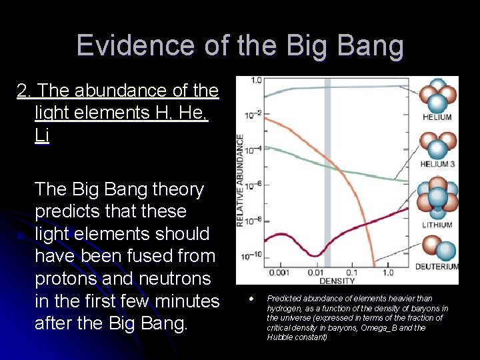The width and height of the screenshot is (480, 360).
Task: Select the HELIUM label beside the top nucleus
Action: click(437, 117)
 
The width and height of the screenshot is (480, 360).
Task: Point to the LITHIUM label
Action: click(437, 225)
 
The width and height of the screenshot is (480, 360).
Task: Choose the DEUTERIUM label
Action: click(437, 267)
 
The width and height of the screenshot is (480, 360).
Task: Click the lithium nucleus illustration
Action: click(436, 198)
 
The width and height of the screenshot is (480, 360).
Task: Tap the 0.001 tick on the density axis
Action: click(279, 273)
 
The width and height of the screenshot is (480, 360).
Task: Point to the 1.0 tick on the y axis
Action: click(256, 81)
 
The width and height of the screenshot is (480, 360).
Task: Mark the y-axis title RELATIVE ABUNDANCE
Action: click(241, 180)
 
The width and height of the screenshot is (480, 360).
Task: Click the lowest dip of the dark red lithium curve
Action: click(311, 254)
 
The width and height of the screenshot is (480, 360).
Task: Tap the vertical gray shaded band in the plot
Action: click(327, 173)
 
